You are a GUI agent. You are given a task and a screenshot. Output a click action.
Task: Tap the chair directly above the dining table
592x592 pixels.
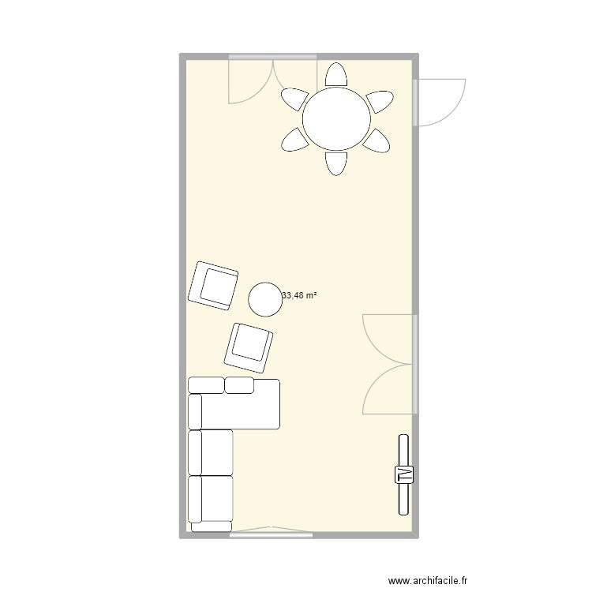(x=337, y=74)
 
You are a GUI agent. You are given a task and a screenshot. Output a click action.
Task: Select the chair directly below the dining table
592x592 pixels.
(x=337, y=163)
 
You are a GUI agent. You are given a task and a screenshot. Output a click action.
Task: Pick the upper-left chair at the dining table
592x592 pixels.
(x=296, y=99)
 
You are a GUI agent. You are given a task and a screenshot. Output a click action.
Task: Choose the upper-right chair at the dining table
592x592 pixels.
(x=379, y=99)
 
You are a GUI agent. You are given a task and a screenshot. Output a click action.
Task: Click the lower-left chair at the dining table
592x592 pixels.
(x=296, y=141)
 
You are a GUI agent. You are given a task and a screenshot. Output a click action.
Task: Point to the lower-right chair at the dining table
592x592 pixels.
(x=378, y=141)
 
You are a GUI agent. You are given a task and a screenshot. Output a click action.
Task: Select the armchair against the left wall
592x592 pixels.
(x=213, y=284)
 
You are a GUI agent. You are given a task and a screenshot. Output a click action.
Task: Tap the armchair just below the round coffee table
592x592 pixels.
(x=249, y=347)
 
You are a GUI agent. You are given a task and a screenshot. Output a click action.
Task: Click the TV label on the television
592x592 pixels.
(x=404, y=474)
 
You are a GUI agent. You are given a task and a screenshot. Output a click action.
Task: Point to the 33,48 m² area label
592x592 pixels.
(x=299, y=295)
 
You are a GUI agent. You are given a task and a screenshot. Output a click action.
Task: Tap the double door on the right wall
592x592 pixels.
(x=389, y=364)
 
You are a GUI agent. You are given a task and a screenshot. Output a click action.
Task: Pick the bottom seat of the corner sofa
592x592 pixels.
(x=211, y=499)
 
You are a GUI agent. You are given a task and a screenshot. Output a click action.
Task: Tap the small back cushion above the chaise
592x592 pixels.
(x=239, y=385)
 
